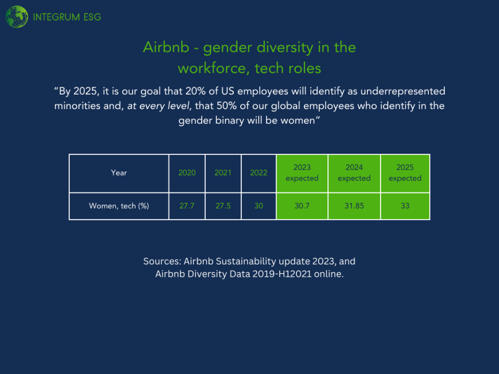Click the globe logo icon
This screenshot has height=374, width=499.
(17, 17)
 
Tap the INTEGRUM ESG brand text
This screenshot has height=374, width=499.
(67, 17)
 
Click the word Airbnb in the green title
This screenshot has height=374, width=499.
(166, 47)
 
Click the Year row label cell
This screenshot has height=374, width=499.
(119, 173)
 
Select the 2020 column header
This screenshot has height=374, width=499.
(187, 173)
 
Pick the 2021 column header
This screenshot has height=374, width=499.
(223, 173)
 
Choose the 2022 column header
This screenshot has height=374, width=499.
(259, 173)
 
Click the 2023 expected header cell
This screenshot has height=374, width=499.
(302, 173)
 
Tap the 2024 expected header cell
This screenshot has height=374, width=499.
(354, 173)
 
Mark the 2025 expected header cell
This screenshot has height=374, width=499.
(405, 173)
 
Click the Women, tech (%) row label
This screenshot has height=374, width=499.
(119, 206)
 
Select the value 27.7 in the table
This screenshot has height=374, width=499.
(187, 206)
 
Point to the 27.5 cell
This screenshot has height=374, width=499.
(223, 206)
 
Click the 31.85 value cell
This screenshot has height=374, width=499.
(354, 206)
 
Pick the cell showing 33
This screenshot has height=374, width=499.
(405, 206)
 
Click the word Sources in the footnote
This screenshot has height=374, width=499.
(162, 261)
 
